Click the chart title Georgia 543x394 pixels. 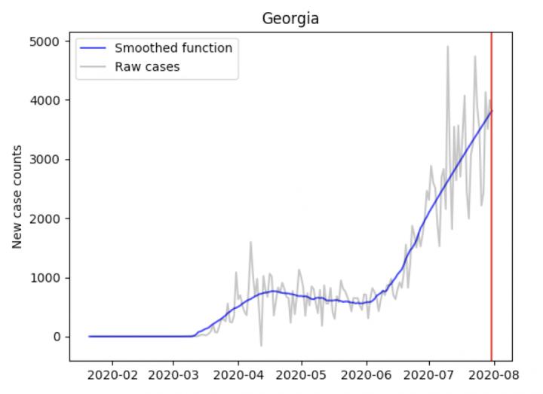point(290,19)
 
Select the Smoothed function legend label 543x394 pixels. point(173,48)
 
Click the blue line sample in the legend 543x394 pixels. point(94,48)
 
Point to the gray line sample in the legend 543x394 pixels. point(94,67)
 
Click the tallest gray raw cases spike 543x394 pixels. point(448,47)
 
